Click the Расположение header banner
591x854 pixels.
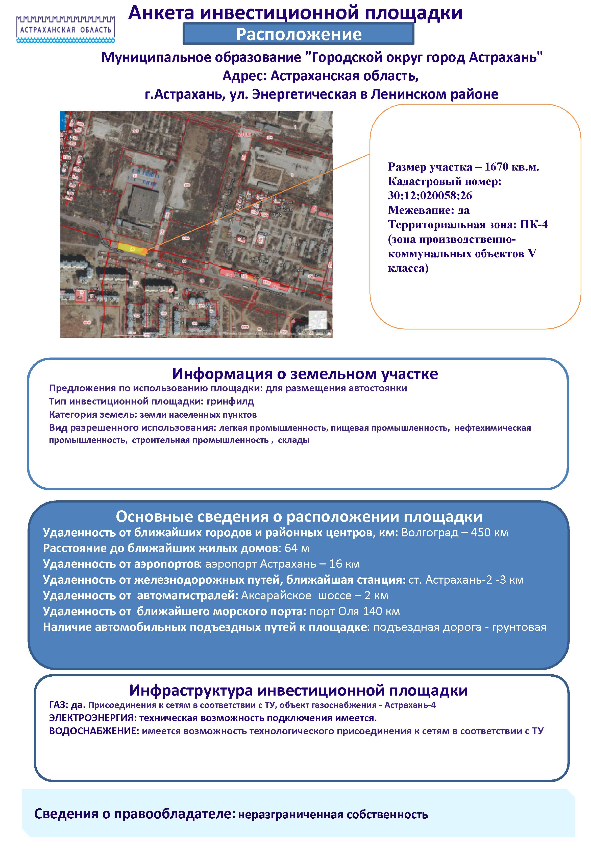click(x=299, y=34)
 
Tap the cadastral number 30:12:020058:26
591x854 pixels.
click(x=430, y=196)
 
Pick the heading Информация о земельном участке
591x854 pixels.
click(x=305, y=374)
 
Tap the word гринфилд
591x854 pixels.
click(x=230, y=401)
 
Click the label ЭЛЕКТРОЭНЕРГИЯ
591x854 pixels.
click(x=91, y=718)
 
